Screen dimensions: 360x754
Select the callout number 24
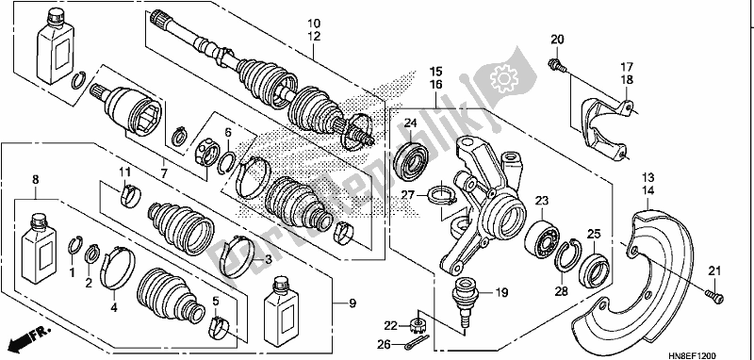(411, 124)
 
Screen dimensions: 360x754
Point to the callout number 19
(501, 292)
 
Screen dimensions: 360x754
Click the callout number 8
(36, 178)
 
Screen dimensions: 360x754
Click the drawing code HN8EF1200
(715, 351)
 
